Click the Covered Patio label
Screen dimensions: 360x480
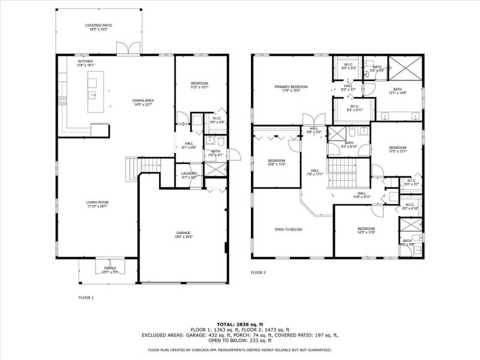pyautogui.click(x=98, y=27)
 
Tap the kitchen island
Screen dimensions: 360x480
pyautogui.click(x=95, y=92)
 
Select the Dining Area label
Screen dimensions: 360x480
pyautogui.click(x=144, y=103)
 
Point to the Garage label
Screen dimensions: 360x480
pyautogui.click(x=183, y=235)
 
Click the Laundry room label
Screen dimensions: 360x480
pyautogui.click(x=190, y=175)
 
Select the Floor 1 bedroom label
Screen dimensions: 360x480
pyautogui.click(x=199, y=85)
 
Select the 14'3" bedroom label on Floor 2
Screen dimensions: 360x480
pyautogui.click(x=366, y=230)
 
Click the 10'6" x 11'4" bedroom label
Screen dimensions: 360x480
pyautogui.click(x=276, y=163)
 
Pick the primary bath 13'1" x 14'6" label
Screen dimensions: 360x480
pyautogui.click(x=398, y=91)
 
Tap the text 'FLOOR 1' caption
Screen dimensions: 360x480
pyautogui.click(x=86, y=297)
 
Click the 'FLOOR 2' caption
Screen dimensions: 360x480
pyautogui.click(x=258, y=272)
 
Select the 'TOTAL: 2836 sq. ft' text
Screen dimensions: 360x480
pyautogui.click(x=239, y=323)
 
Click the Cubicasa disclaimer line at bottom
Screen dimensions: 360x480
pyautogui.click(x=239, y=350)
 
